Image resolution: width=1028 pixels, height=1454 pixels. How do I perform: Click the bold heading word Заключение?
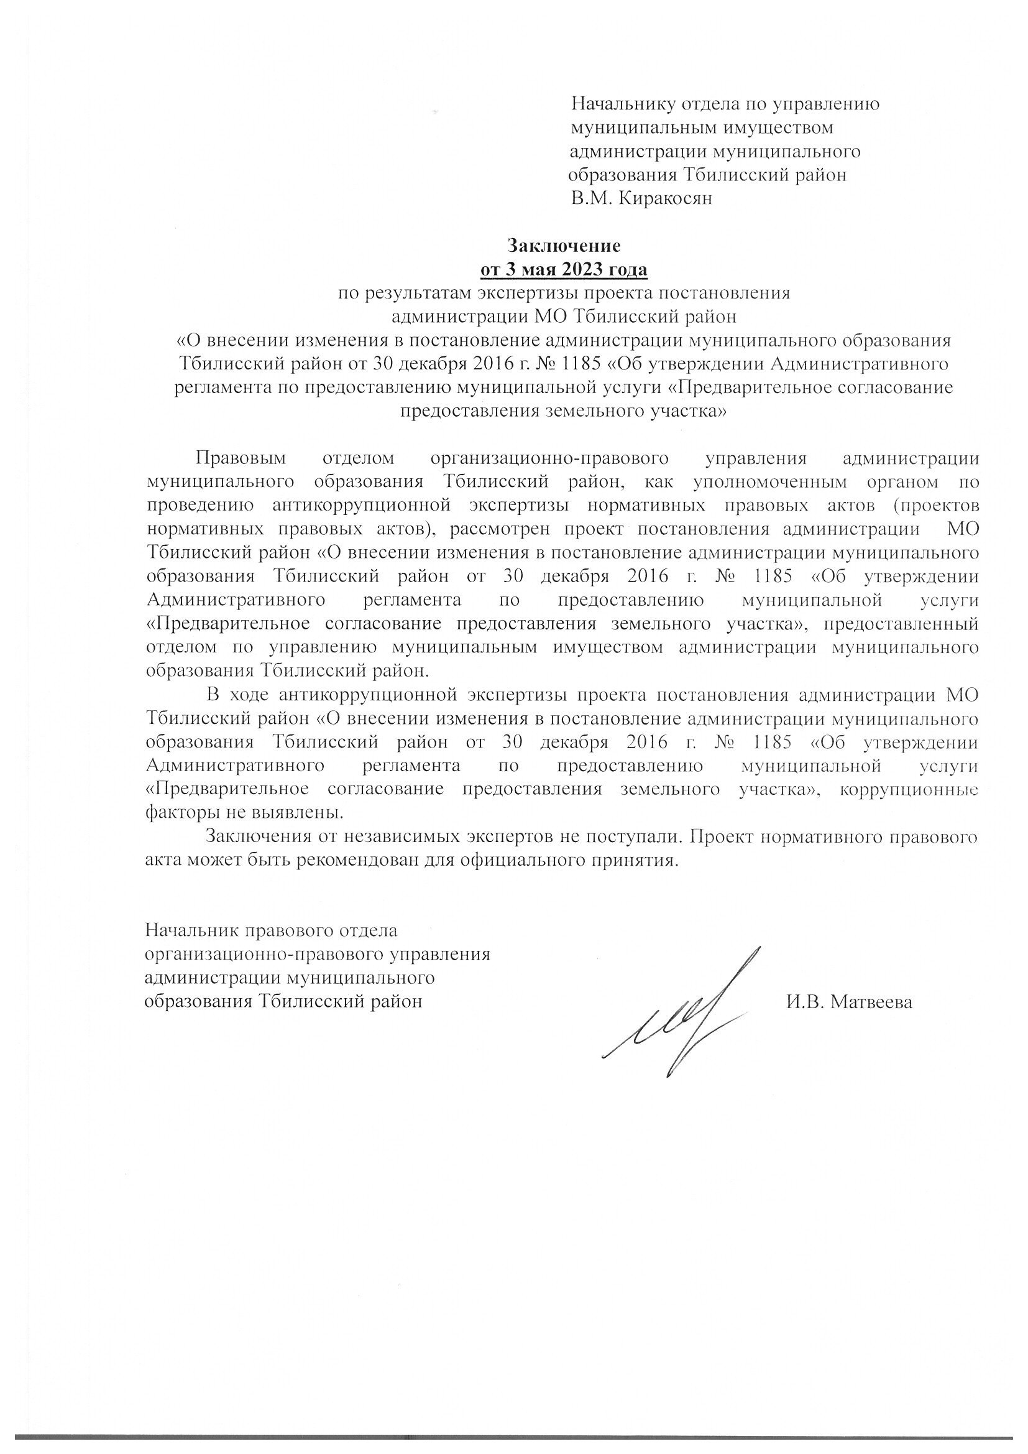[x=564, y=245]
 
